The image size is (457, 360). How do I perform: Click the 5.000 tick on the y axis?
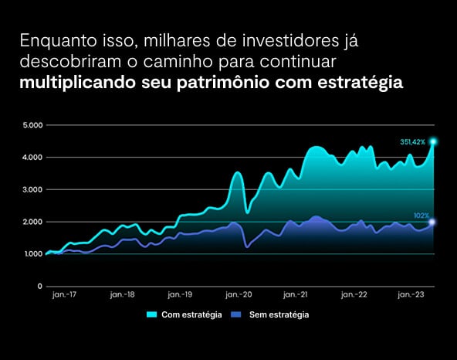[x=32, y=125]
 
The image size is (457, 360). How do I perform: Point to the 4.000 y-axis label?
[x=32, y=158]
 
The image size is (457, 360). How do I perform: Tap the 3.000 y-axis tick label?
[x=32, y=189]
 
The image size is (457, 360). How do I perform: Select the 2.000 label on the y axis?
[x=32, y=222]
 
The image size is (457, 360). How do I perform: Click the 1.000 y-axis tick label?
[x=33, y=254]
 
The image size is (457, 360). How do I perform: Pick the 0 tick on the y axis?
[x=40, y=287]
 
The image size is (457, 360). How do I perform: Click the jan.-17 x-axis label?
[x=64, y=294]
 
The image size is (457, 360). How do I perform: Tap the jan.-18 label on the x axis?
[x=123, y=294]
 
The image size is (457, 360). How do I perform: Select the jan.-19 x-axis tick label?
[x=180, y=294]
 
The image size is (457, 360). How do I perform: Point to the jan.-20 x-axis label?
[x=239, y=294]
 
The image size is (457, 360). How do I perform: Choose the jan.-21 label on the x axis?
[x=296, y=294]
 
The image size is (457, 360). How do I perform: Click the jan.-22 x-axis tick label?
[x=354, y=294]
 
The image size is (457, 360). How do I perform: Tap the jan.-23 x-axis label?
[x=411, y=294]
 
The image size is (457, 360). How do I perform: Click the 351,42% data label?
[x=413, y=142]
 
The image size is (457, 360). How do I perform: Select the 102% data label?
[x=421, y=216]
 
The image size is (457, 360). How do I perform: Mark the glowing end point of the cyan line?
[x=433, y=142]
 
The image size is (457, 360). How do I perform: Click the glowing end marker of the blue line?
[x=432, y=222]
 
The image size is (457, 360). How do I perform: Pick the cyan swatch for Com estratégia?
[x=151, y=314]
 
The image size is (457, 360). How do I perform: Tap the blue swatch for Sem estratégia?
[x=236, y=314]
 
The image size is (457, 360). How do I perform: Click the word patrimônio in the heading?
[x=223, y=83]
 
